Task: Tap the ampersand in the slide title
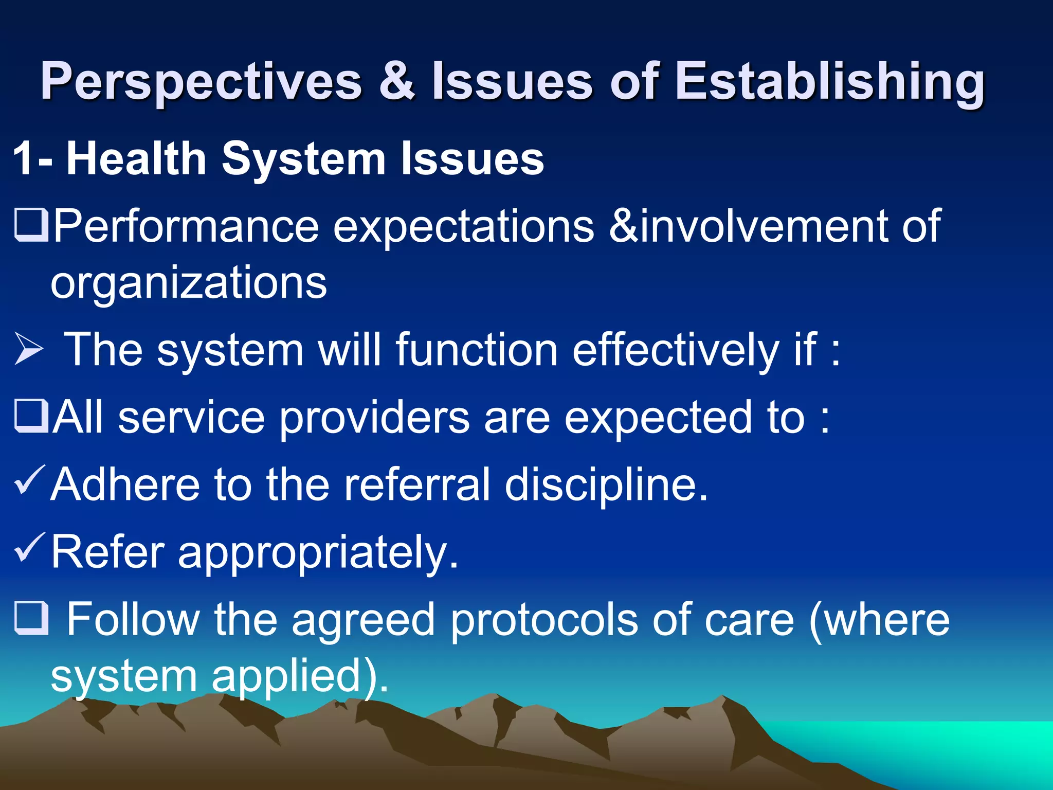(396, 81)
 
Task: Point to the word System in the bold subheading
(303, 159)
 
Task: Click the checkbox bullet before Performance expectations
(31, 225)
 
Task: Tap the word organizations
(188, 283)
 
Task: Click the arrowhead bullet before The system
(29, 349)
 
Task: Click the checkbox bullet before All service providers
(31, 416)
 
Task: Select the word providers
(374, 418)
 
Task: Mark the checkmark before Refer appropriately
(30, 547)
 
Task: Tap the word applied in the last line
(293, 677)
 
